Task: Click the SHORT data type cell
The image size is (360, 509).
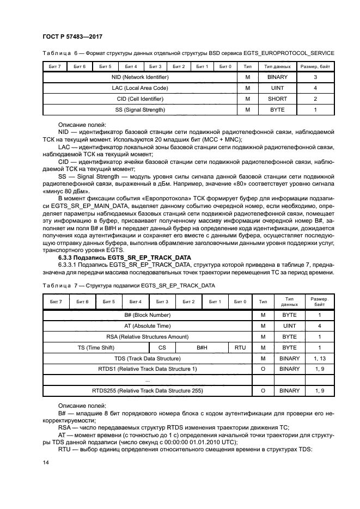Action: click(x=277, y=99)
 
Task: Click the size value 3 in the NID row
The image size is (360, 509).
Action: click(x=315, y=77)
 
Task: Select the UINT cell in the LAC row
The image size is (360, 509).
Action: click(x=277, y=88)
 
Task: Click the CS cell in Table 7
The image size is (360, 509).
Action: click(x=162, y=347)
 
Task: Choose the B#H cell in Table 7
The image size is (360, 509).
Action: click(x=202, y=347)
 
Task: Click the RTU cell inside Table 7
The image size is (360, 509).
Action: click(x=240, y=347)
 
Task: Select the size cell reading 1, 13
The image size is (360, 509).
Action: click(x=320, y=358)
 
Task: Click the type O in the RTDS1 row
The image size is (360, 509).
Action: click(x=263, y=369)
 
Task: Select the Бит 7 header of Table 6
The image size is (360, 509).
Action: click(x=55, y=66)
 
